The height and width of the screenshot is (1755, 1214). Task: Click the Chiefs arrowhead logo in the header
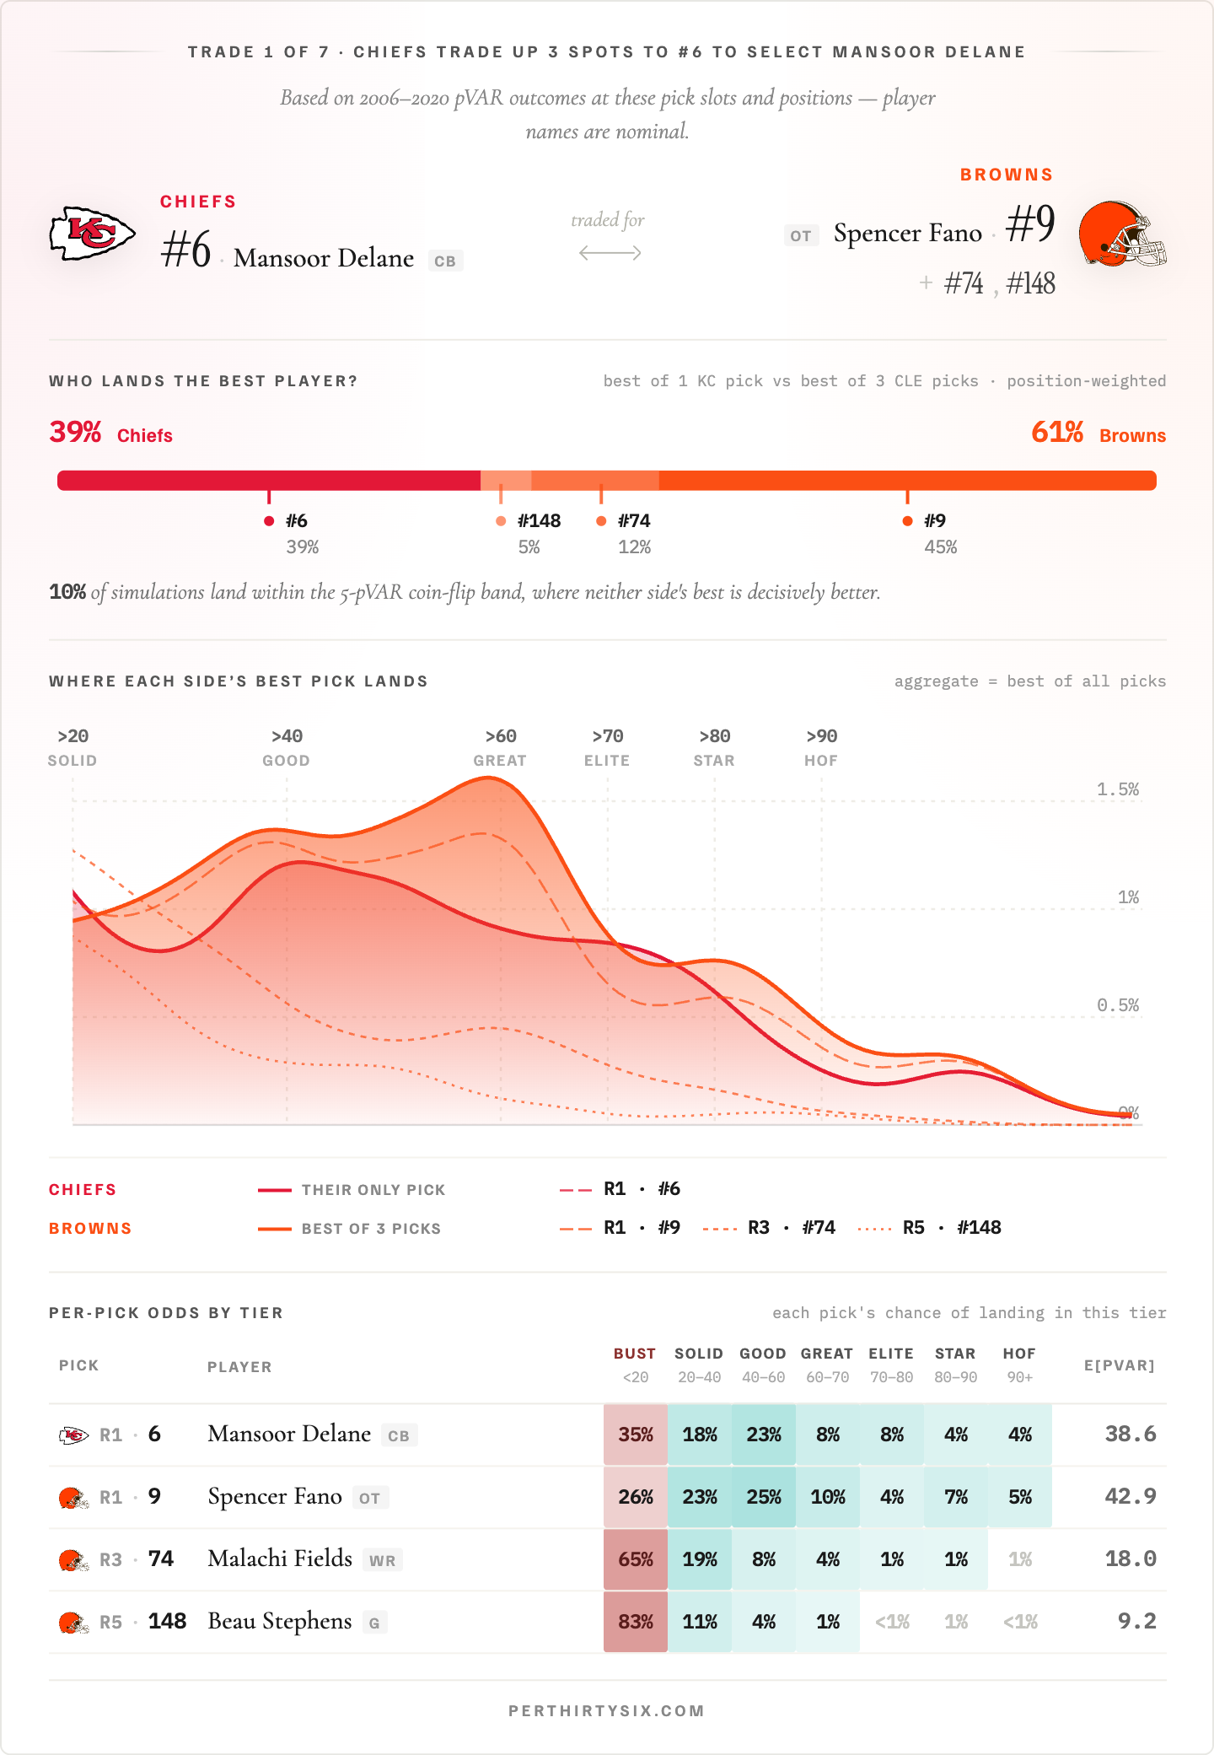pyautogui.click(x=92, y=234)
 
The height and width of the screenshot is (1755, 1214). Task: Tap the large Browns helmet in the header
pyautogui.click(x=1121, y=234)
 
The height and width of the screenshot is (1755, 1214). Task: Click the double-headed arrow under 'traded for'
pyautogui.click(x=610, y=253)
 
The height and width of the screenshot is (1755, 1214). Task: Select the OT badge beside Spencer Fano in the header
pyautogui.click(x=801, y=236)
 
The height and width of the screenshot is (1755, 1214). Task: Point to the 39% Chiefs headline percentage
pyautogui.click(x=76, y=433)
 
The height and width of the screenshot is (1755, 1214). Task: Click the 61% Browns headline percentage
pyautogui.click(x=1057, y=433)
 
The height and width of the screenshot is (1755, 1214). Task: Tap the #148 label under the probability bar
pyautogui.click(x=539, y=521)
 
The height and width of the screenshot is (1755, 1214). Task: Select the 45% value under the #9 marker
pyautogui.click(x=940, y=547)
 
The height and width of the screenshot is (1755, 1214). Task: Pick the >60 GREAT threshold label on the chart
pyautogui.click(x=500, y=747)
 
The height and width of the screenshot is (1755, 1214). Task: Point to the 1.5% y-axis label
pyautogui.click(x=1117, y=789)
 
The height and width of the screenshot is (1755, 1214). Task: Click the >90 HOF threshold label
pyautogui.click(x=821, y=747)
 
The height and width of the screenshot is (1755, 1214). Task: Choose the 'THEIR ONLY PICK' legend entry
pyautogui.click(x=373, y=1190)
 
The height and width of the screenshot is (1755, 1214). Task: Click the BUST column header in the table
pyautogui.click(x=635, y=1354)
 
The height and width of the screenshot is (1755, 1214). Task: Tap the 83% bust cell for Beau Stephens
pyautogui.click(x=636, y=1622)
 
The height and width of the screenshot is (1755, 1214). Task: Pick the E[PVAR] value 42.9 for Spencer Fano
pyautogui.click(x=1130, y=1497)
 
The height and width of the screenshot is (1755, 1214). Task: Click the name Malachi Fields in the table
pyautogui.click(x=280, y=1559)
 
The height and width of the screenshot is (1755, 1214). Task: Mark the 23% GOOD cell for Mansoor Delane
pyautogui.click(x=764, y=1435)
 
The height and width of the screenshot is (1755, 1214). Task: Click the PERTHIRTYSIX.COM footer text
pyautogui.click(x=606, y=1711)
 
